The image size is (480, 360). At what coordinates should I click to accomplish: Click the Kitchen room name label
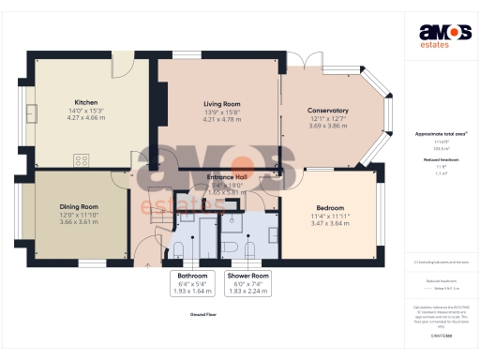click(x=87, y=102)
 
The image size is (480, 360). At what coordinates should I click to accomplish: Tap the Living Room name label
click(x=222, y=103)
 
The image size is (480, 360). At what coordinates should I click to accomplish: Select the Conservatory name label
click(x=328, y=110)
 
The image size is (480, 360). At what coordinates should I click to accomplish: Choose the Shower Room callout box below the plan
click(x=247, y=284)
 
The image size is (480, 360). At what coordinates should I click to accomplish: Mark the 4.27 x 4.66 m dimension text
click(x=87, y=119)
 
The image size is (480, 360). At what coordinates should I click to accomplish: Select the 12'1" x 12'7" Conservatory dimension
click(x=328, y=118)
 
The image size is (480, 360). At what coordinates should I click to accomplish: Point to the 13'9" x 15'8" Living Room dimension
click(x=222, y=112)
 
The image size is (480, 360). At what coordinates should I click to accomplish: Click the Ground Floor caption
click(x=202, y=316)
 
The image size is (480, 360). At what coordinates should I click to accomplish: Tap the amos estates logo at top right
click(x=442, y=33)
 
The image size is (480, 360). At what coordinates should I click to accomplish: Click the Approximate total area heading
click(x=441, y=134)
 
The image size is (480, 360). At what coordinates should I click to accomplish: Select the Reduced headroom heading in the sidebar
click(x=441, y=161)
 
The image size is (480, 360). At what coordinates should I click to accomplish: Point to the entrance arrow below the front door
click(x=150, y=265)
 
